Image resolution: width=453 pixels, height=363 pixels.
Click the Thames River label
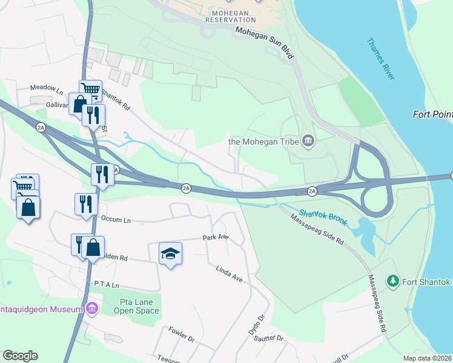(x=381, y=59)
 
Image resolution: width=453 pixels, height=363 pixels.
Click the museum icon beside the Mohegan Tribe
(x=308, y=142)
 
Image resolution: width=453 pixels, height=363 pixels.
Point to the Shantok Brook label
(x=322, y=217)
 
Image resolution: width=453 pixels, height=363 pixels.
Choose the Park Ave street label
(x=216, y=238)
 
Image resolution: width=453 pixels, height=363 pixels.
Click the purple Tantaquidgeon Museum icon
(x=92, y=309)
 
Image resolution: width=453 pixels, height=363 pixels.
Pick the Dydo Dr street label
(x=257, y=325)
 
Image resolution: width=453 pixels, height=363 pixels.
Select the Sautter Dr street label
(x=272, y=339)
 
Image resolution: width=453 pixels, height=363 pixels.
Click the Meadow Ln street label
(x=47, y=88)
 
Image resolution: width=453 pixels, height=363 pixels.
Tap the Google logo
(x=20, y=356)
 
